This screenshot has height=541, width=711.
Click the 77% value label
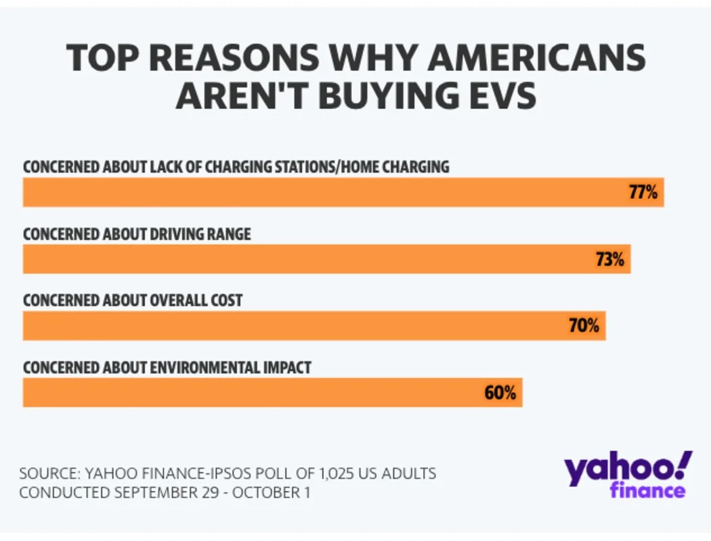click(x=643, y=192)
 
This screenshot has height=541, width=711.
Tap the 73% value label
click(x=609, y=259)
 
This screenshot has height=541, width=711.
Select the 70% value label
click(x=584, y=326)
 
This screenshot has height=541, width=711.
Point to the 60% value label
click(x=500, y=392)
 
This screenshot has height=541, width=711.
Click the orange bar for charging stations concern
click(x=325, y=192)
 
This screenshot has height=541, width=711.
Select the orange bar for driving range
click(x=305, y=259)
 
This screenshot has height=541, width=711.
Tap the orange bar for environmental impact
click(x=251, y=392)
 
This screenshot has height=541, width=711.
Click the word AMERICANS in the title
click(x=537, y=59)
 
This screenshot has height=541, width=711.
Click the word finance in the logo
click(x=647, y=490)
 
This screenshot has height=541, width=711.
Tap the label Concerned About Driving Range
click(x=137, y=234)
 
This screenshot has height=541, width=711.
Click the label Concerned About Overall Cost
click(x=133, y=300)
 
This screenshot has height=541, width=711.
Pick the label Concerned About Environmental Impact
click(x=167, y=367)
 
